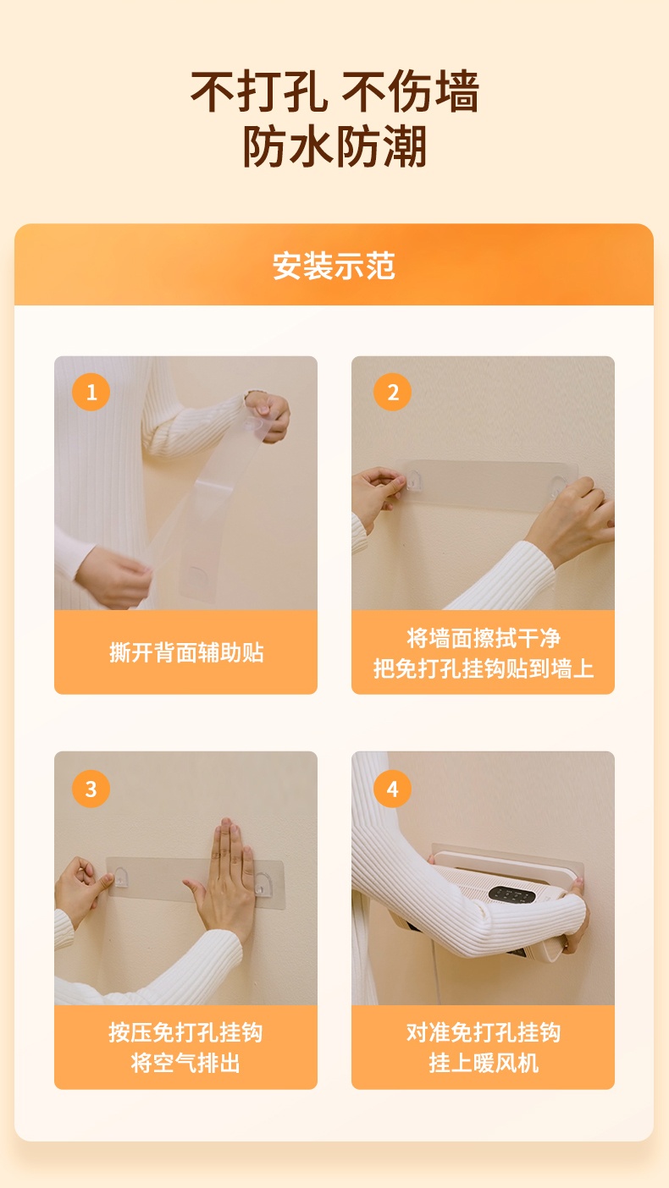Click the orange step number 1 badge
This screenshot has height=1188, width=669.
click(91, 392)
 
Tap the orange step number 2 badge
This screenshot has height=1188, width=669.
click(392, 392)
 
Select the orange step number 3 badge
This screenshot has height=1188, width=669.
click(91, 789)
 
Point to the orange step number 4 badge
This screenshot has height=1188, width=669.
click(392, 789)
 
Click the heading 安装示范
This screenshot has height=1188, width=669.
click(334, 266)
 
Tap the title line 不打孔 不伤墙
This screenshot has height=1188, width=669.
click(334, 91)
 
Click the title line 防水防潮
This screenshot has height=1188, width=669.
click(334, 146)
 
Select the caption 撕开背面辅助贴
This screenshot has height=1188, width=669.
click(186, 652)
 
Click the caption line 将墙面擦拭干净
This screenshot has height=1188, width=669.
click(484, 638)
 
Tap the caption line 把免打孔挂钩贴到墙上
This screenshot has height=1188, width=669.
click(484, 668)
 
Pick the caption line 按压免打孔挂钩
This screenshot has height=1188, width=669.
click(185, 1032)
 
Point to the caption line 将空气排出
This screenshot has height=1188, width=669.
click(185, 1063)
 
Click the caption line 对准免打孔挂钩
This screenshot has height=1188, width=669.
click(484, 1032)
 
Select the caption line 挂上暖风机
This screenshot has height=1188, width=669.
click(484, 1063)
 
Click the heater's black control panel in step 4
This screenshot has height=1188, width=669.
click(511, 894)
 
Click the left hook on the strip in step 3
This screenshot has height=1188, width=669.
click(122, 877)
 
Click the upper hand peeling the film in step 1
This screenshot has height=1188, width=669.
click(268, 417)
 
